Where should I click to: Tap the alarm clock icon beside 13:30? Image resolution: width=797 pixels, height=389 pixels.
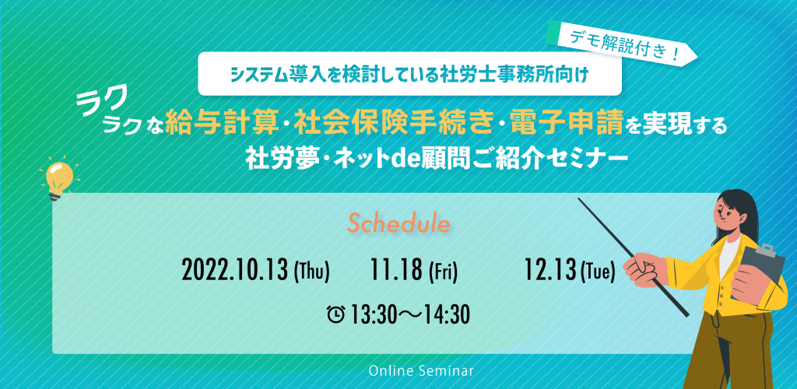click(x=336, y=315)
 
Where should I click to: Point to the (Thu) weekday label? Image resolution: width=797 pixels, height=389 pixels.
click(x=312, y=272)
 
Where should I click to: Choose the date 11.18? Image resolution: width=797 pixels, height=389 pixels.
click(x=397, y=272)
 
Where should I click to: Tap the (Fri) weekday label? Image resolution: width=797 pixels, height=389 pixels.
click(x=444, y=272)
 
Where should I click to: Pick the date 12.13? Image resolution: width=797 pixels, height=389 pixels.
click(x=551, y=272)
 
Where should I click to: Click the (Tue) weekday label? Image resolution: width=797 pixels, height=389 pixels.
click(x=597, y=272)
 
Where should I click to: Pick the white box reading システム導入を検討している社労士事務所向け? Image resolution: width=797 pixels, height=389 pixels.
click(x=409, y=74)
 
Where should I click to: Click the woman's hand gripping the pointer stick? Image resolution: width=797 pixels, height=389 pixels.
click(x=644, y=268)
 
